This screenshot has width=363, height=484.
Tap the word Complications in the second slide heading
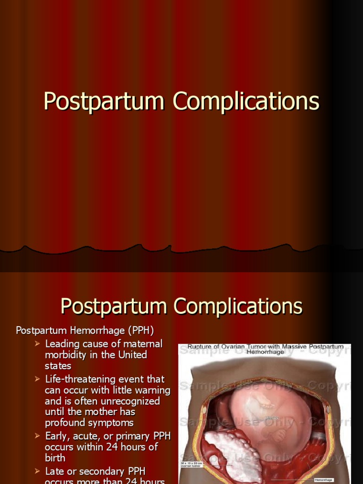click(238, 306)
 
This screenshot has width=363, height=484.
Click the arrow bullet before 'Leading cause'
click(37, 344)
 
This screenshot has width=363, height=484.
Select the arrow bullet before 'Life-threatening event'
click(37, 379)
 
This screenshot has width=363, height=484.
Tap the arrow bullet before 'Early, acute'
click(37, 436)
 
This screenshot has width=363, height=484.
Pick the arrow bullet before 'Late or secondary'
click(37, 471)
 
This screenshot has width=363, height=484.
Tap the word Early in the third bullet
click(58, 436)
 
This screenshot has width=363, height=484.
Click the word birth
click(55, 458)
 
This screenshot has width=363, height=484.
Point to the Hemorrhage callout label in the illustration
click(324, 480)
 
